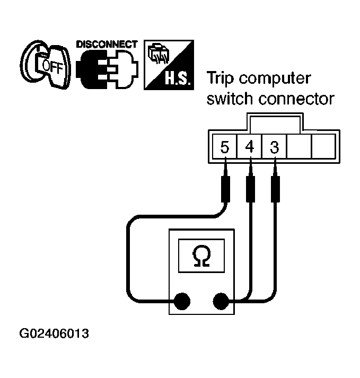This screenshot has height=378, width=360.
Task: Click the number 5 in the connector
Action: coord(224,147)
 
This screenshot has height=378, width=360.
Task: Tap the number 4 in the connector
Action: coord(249,147)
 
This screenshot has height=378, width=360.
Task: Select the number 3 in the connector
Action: coord(274,147)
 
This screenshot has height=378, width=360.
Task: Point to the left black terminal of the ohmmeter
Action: coord(182,302)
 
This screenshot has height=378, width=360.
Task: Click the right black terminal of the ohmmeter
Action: coord(221,302)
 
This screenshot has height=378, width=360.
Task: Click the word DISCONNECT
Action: coord(107,44)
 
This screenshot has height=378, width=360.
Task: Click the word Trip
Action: coord(222,78)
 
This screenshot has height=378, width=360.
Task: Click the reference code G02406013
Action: coord(55,335)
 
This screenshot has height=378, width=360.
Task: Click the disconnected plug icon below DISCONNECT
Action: coord(107,69)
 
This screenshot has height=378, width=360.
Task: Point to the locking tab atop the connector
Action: coord(274,124)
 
